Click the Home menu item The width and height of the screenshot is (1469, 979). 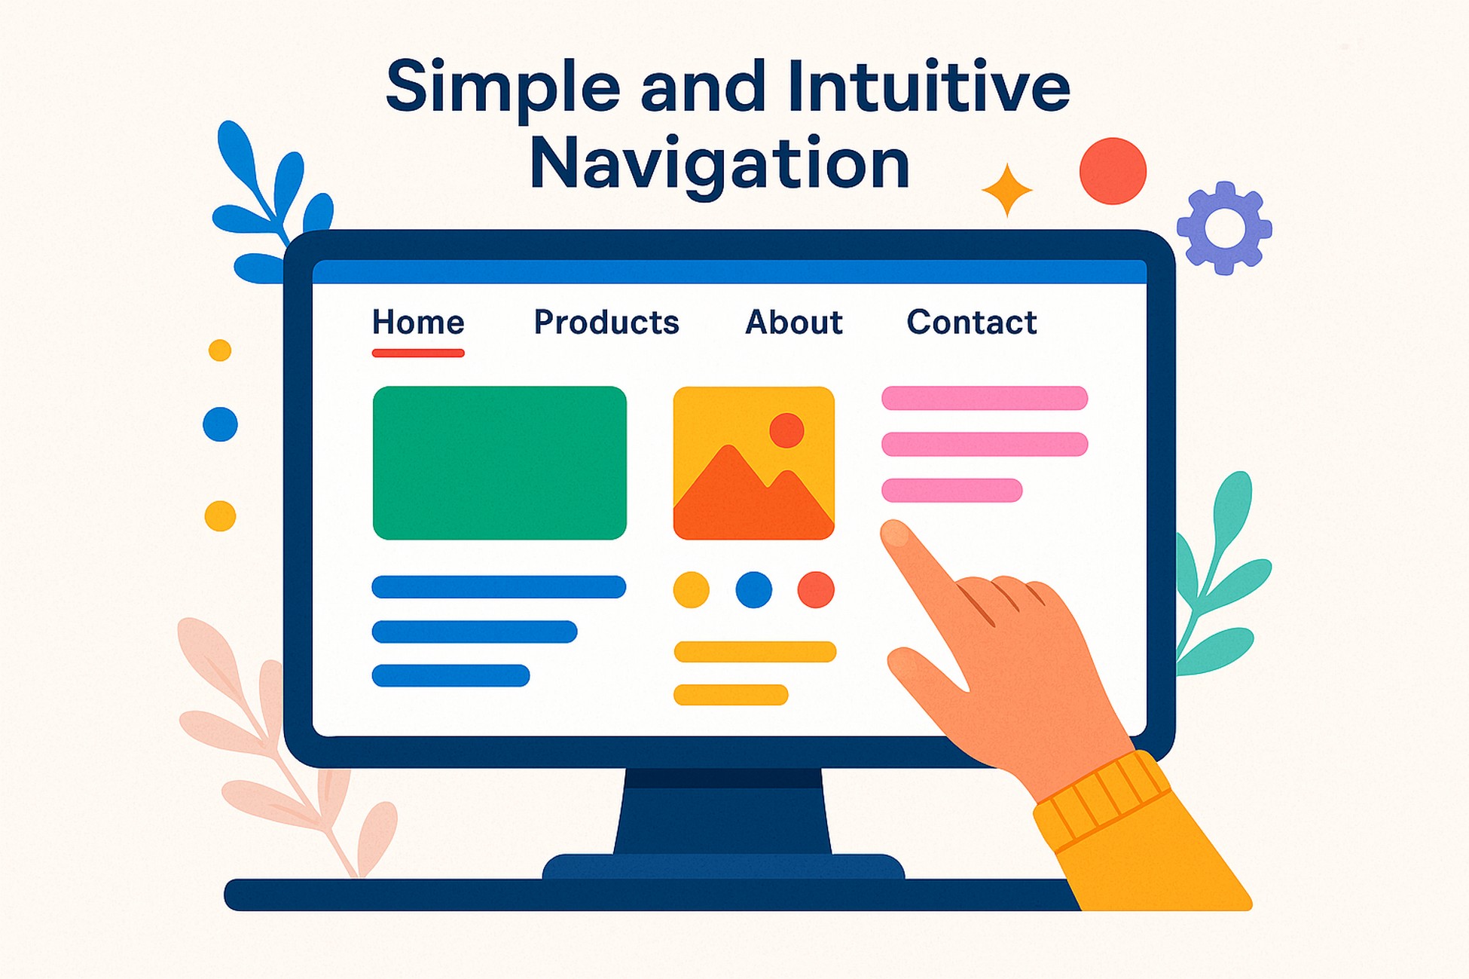point(418,323)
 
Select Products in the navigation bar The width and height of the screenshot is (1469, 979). point(606,323)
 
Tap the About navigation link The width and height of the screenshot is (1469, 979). point(793,323)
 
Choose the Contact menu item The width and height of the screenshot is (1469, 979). point(972,323)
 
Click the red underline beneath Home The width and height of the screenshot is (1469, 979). point(418,353)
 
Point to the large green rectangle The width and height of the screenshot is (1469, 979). point(499,463)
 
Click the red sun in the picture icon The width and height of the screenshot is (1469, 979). point(786,430)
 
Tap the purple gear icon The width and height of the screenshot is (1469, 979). point(1224,228)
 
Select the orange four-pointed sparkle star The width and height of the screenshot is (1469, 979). point(1007,190)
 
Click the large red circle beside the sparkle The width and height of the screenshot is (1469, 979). point(1113,171)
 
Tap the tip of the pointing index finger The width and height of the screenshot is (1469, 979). point(894,533)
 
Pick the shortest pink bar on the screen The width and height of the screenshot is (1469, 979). point(951,490)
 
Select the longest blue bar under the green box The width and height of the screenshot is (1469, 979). point(499,586)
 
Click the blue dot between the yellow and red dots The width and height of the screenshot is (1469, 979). point(753,589)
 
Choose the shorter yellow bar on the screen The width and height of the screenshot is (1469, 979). point(731,694)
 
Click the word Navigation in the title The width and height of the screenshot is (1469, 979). point(719,164)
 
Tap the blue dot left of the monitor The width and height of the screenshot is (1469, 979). point(220,424)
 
